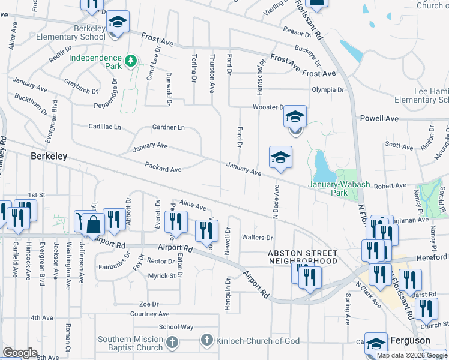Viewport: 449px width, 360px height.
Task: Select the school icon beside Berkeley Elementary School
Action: [118, 23]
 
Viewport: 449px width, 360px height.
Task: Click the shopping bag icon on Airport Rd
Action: [94, 226]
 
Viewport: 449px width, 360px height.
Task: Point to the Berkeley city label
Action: [49, 156]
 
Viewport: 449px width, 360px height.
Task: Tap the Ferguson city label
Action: [409, 340]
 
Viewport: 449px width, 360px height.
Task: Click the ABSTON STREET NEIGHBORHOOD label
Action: [303, 257]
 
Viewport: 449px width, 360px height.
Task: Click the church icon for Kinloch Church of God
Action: [206, 341]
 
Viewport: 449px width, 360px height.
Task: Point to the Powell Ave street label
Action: [379, 119]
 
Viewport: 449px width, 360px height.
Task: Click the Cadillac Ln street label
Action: [105, 127]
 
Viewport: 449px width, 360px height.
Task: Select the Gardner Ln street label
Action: [168, 127]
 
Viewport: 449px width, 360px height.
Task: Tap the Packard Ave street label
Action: [163, 170]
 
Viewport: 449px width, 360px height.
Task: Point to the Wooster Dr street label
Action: [268, 107]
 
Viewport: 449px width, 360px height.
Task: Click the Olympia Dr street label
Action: [328, 90]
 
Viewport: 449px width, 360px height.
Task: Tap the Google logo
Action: [20, 353]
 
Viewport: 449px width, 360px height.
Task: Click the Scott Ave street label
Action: [399, 146]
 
